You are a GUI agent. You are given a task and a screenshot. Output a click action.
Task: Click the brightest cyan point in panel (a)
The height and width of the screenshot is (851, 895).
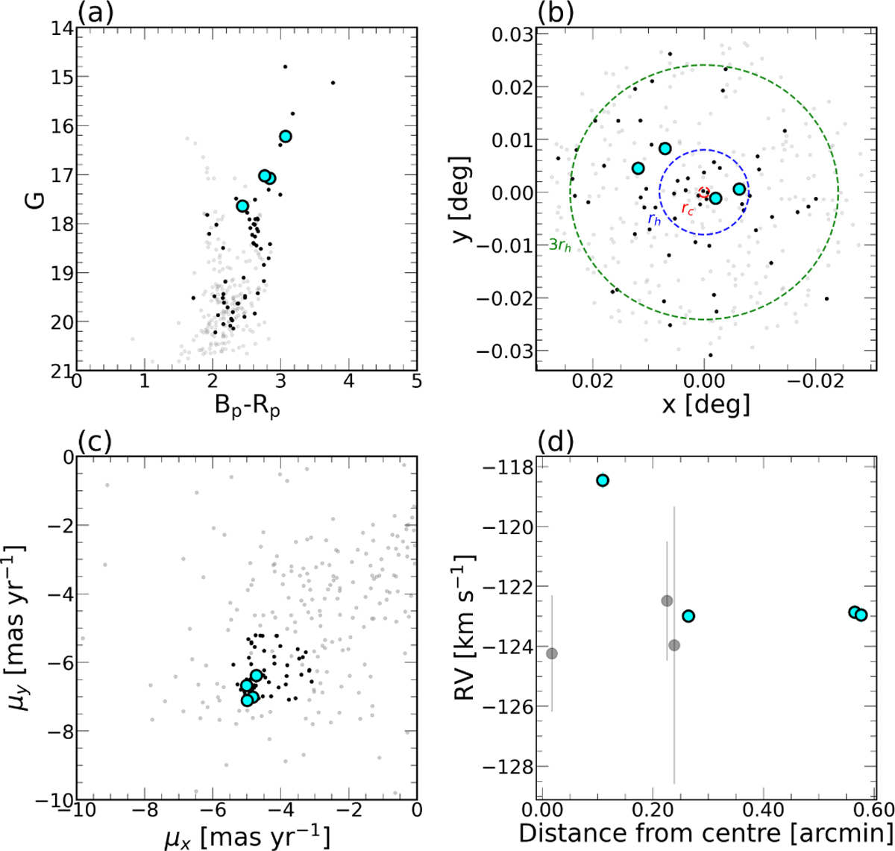click(x=286, y=136)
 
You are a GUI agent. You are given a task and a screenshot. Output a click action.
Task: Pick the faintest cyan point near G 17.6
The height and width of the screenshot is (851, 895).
click(x=242, y=206)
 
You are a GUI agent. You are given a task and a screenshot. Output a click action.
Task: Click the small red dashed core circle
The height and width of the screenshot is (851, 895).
click(x=703, y=193)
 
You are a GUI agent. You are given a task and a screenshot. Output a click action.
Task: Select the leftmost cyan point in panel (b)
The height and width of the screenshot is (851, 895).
click(x=638, y=169)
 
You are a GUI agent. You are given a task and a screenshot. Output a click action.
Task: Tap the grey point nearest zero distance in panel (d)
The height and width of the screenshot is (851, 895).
click(x=552, y=653)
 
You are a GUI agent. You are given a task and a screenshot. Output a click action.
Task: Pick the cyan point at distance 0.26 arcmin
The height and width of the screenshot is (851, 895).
click(x=688, y=615)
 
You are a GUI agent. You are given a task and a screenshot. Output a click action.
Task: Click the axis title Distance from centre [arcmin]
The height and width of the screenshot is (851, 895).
click(x=706, y=833)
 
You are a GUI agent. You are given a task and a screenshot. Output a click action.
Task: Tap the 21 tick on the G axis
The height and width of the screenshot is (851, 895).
click(x=62, y=371)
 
